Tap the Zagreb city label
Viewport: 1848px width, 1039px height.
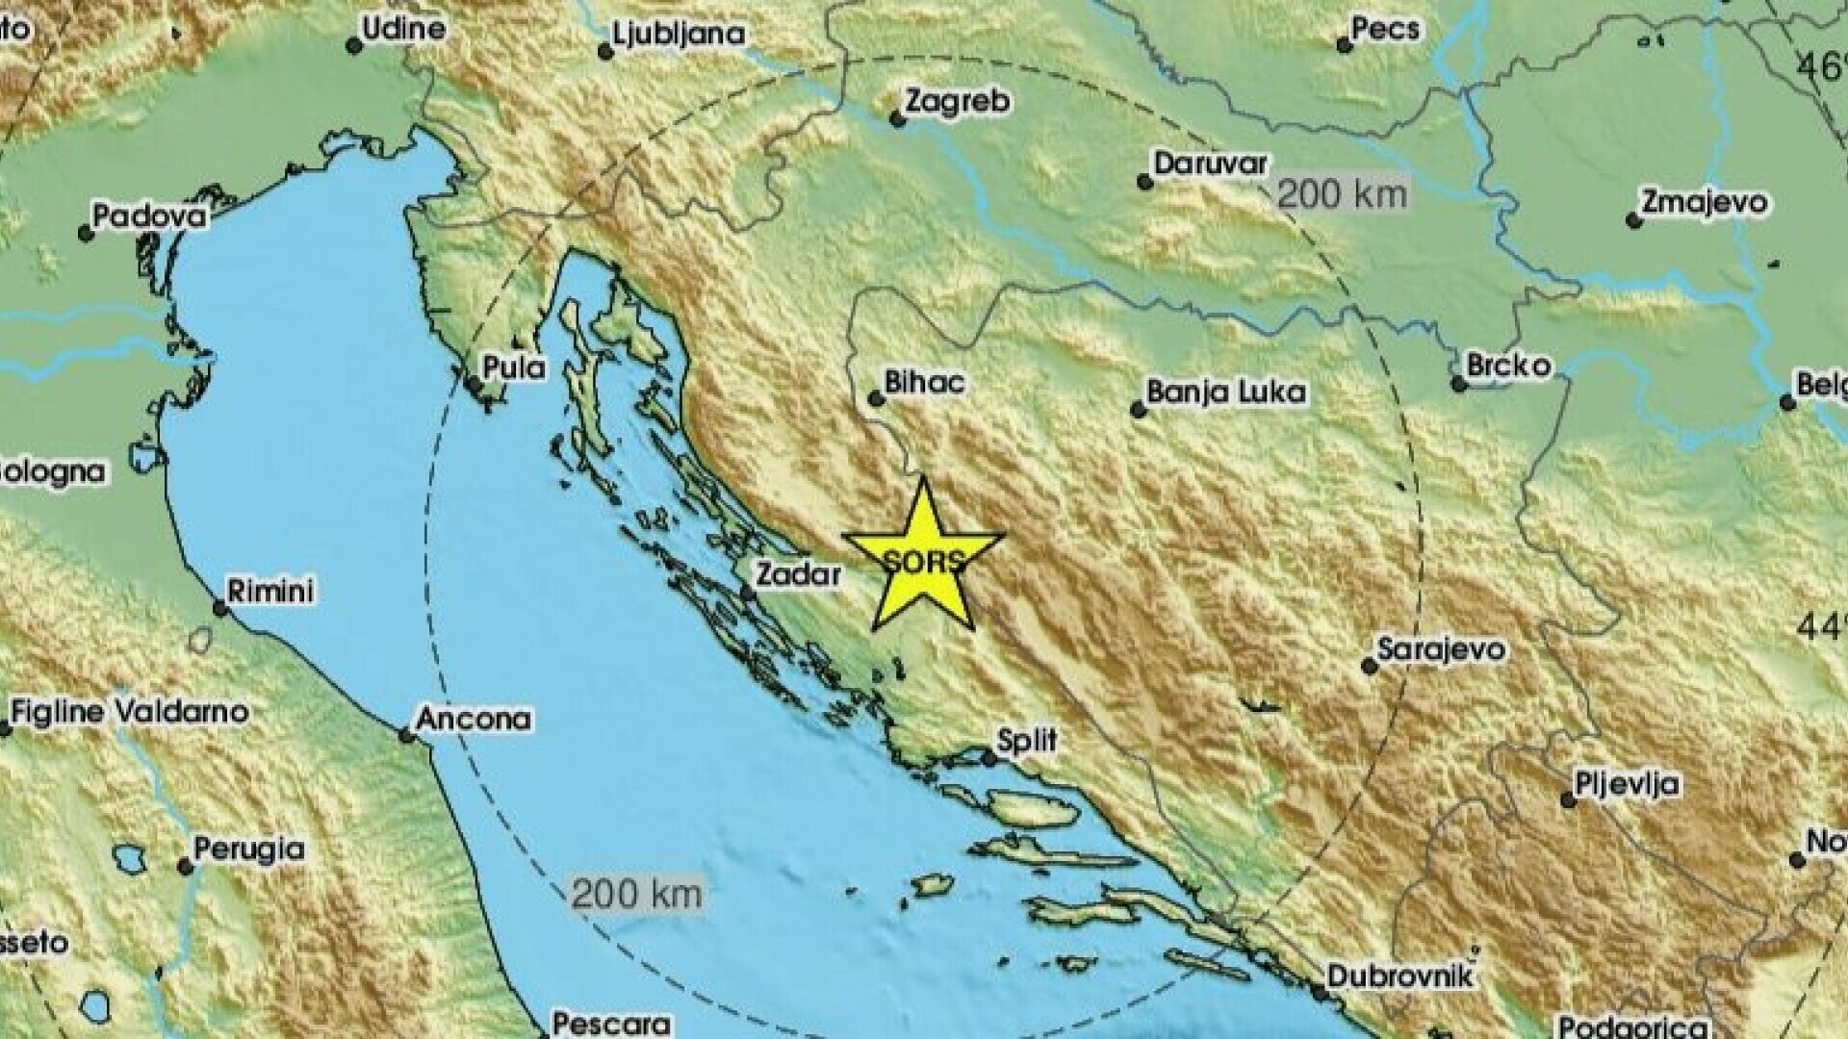(x=956, y=101)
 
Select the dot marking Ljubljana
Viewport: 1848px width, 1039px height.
(x=605, y=52)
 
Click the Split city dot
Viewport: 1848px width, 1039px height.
(x=988, y=759)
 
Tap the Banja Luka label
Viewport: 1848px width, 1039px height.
(x=1227, y=393)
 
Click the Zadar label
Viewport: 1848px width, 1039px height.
(x=799, y=575)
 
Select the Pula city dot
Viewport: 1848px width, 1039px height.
(x=474, y=385)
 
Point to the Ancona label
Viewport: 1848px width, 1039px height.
(x=474, y=719)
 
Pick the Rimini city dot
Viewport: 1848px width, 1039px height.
(x=220, y=609)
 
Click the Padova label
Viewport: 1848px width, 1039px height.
(x=151, y=215)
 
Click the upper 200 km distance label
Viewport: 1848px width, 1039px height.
(x=1342, y=194)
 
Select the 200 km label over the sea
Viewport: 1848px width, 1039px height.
(x=637, y=895)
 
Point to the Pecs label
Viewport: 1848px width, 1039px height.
(x=1385, y=29)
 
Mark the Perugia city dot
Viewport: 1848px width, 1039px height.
(x=185, y=867)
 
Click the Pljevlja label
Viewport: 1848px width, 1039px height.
(x=1627, y=784)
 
